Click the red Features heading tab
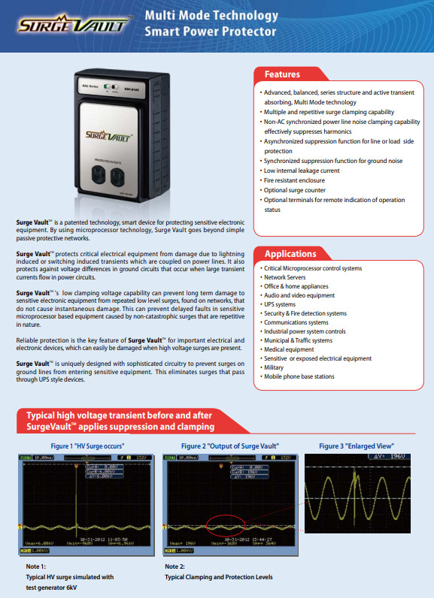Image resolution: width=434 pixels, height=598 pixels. point(282,74)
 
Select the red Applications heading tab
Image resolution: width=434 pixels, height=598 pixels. point(290,254)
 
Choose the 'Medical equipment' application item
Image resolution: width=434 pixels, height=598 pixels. point(288,349)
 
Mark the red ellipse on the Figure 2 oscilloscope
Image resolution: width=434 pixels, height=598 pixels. point(232,526)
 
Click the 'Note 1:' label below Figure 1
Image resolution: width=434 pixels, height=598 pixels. point(37,566)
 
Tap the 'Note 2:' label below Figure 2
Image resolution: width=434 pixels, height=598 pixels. point(177,566)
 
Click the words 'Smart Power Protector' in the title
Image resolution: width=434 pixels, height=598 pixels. point(211,32)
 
